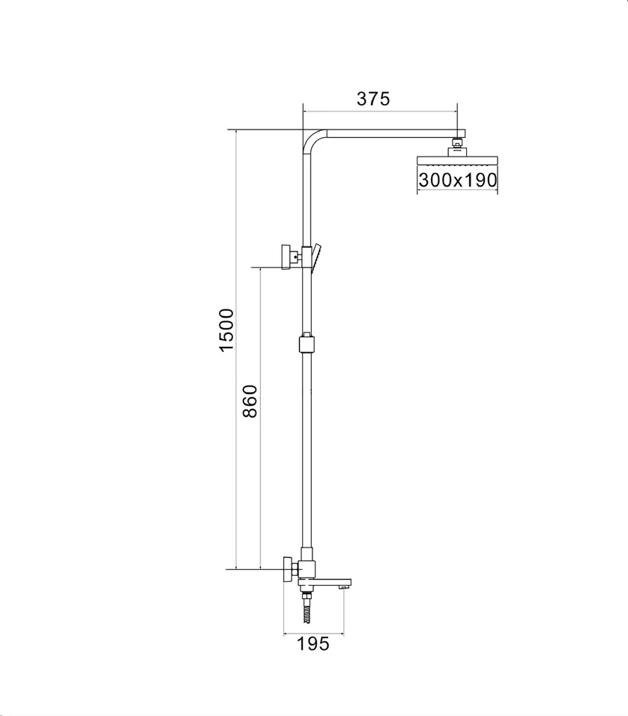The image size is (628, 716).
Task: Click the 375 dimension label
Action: click(372, 98)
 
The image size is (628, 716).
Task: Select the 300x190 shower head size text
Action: click(457, 180)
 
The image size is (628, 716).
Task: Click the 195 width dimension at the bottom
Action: click(313, 643)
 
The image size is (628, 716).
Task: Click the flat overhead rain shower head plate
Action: click(456, 161)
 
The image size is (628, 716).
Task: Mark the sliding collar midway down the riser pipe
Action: click(306, 345)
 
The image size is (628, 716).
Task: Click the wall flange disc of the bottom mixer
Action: click(286, 569)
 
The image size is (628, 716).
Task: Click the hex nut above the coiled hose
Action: click(307, 598)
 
